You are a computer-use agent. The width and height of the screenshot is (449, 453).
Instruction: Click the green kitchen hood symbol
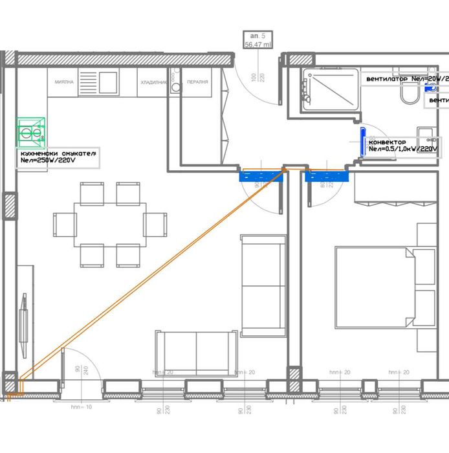coord(31,131)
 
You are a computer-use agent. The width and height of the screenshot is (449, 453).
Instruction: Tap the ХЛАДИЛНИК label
coord(153,83)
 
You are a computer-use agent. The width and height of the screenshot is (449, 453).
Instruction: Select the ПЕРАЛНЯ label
coord(197,83)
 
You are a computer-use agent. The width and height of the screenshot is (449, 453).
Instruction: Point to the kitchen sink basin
coord(108,81)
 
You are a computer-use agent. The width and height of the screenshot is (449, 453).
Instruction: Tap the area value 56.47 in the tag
coord(253,45)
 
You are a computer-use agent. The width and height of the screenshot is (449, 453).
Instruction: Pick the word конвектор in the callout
coord(388,142)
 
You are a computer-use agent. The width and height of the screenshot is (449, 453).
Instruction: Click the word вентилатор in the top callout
coord(387,79)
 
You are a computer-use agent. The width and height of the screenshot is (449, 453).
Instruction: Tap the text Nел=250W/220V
coord(58,160)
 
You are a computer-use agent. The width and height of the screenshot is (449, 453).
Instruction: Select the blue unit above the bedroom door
coord(327,175)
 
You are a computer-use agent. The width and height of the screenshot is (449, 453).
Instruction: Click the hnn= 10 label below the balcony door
coord(82,408)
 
